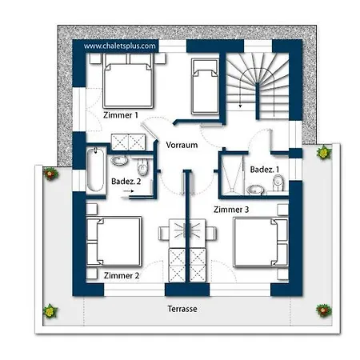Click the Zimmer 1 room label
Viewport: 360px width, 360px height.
(x=121, y=115)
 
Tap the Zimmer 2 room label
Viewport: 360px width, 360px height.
(x=122, y=275)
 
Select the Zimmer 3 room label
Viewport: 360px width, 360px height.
(x=231, y=210)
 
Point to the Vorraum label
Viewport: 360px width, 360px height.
(x=182, y=145)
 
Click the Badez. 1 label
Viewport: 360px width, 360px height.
(x=265, y=170)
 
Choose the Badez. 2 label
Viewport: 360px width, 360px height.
(x=126, y=182)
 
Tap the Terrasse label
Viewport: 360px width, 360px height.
(x=182, y=309)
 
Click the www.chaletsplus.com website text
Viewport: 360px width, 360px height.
(x=120, y=46)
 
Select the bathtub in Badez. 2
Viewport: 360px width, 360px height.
(x=95, y=170)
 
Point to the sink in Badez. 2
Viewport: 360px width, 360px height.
(x=119, y=161)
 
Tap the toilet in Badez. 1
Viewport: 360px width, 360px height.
(x=278, y=183)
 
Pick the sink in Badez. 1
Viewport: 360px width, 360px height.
(x=255, y=190)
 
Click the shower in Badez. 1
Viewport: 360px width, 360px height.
(x=232, y=174)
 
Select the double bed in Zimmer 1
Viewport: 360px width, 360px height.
(x=128, y=81)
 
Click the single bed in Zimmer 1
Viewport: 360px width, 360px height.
(x=205, y=86)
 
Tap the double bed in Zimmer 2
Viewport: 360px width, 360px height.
(x=114, y=242)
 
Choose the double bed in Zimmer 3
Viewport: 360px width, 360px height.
(x=261, y=242)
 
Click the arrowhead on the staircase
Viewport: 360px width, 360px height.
(x=240, y=106)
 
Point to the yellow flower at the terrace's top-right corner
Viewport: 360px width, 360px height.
(x=324, y=152)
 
